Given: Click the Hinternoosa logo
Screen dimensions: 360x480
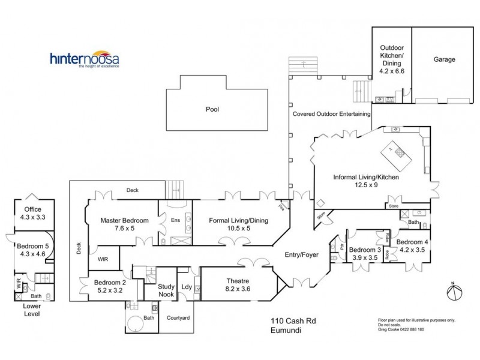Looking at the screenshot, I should coord(84,60).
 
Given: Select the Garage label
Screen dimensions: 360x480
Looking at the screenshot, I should coord(444,59).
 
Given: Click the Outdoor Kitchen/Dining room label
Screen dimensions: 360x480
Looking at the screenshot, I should coord(392,59).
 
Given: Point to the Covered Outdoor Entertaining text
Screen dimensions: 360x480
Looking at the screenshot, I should coord(331,113).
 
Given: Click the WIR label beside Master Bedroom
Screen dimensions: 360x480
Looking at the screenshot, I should coord(103,260).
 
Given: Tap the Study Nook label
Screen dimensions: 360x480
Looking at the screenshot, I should coord(166,290).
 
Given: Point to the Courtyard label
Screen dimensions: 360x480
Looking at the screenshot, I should coord(178,317).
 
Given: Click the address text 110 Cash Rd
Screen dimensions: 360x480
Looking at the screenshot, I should coord(293,321).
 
